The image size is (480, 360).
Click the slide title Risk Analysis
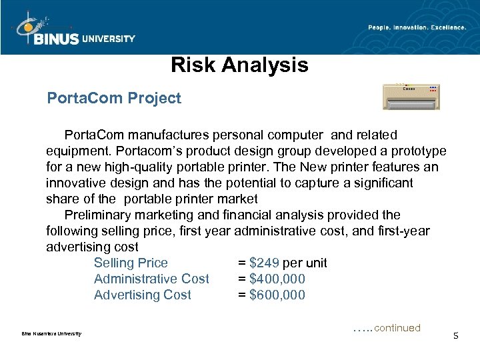pos(239,65)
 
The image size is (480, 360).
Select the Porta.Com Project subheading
pos(114,99)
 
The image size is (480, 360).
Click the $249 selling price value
pos(265,263)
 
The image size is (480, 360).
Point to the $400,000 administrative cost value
pos(277,279)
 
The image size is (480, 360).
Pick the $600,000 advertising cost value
pos(277,295)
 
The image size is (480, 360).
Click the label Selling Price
pos(131,263)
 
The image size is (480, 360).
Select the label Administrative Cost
pos(151,279)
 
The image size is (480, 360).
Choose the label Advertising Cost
pos(142,295)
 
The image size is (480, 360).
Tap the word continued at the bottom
pos(397,328)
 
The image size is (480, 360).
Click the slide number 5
pos(455,335)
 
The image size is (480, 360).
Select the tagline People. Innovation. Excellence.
pos(417,27)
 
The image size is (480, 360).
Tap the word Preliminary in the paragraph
pos(97,215)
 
